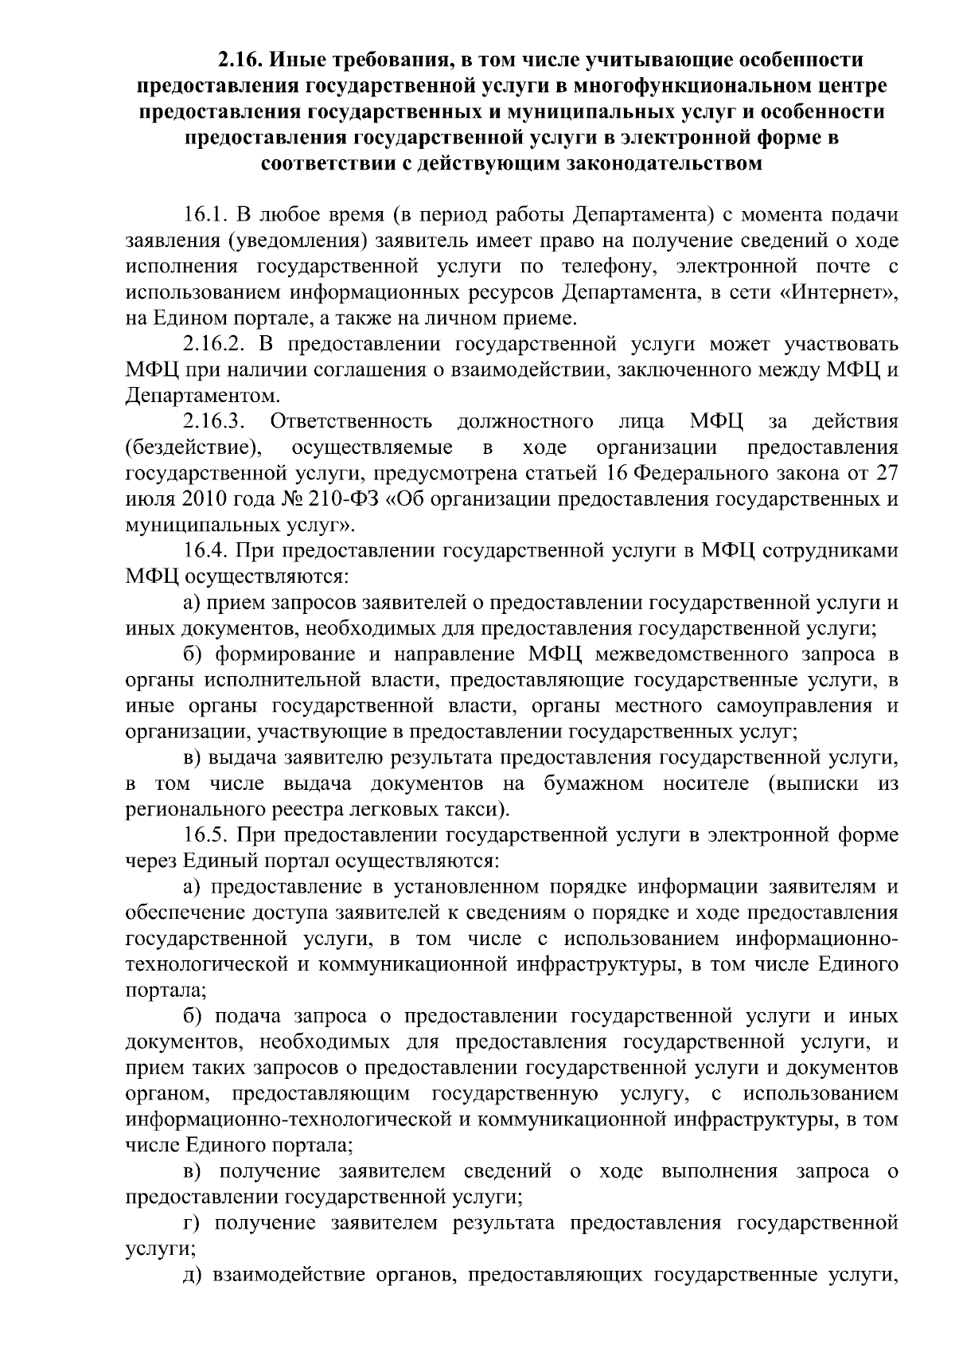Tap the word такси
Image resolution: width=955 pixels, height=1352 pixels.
tap(480, 810)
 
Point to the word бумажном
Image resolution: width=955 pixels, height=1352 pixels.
tap(594, 783)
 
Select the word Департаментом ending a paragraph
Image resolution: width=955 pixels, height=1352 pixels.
tap(202, 396)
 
